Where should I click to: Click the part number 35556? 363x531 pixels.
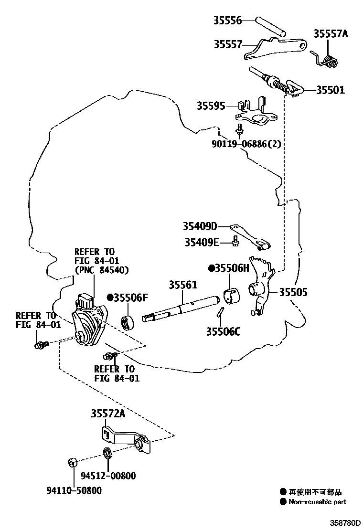coord(227,20)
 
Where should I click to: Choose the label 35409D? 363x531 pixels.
coord(200,226)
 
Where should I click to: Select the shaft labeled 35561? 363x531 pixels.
coord(181,308)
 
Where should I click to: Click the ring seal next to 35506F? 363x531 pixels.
coord(128,323)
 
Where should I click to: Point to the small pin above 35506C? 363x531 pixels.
coord(220,313)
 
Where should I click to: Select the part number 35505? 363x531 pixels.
coord(293,292)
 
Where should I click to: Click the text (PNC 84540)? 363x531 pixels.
coord(102,270)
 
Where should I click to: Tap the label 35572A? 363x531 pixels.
coord(108,414)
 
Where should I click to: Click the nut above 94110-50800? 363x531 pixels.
coord(73,462)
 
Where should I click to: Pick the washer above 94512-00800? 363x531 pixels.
coord(107,452)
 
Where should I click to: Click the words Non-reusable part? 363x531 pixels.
coord(317,501)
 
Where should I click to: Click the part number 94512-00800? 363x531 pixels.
coord(108,476)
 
